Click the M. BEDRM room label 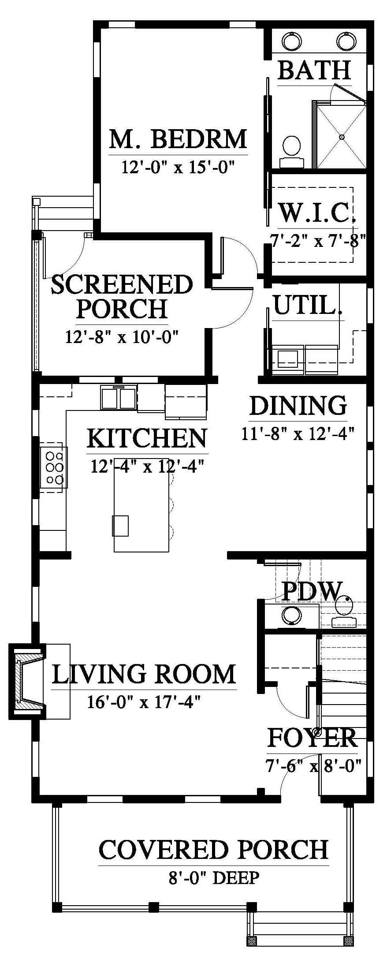[x=178, y=139]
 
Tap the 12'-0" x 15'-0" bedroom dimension [x=178, y=168]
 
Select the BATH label [x=314, y=70]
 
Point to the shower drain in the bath [x=342, y=137]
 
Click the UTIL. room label [x=308, y=305]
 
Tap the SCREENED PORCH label [x=122, y=296]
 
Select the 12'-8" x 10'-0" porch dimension [x=122, y=337]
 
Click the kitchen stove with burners [x=54, y=467]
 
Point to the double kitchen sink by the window [x=118, y=397]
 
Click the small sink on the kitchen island [x=120, y=526]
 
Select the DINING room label [x=298, y=405]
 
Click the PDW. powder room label [x=312, y=591]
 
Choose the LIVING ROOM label [x=144, y=674]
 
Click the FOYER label [x=313, y=738]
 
